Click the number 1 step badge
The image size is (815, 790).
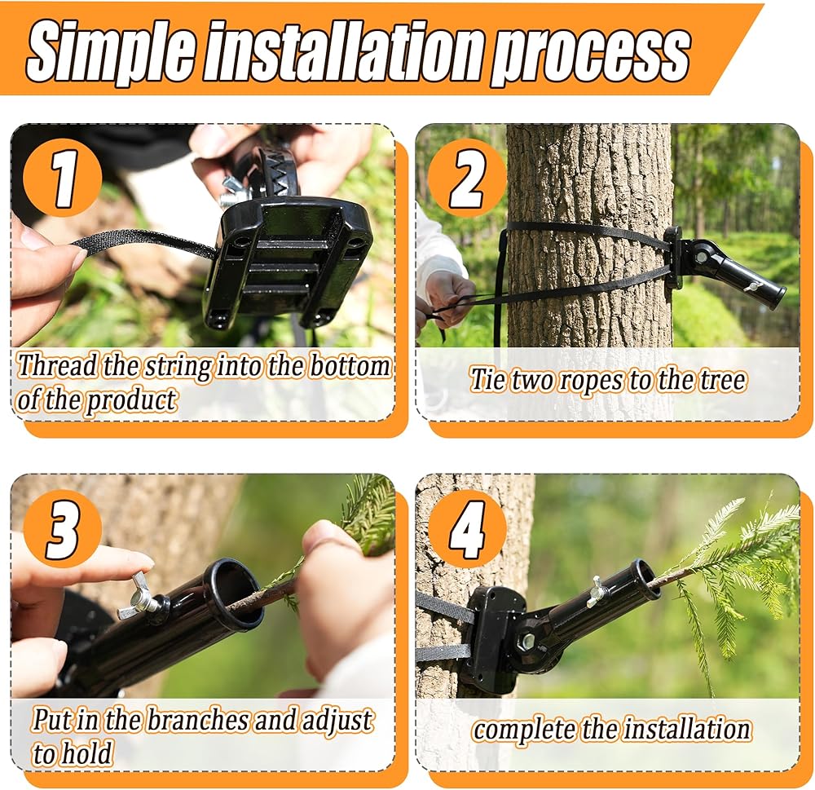pos(63,179)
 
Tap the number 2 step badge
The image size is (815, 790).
pos(467,179)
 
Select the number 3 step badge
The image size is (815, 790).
pos(63,529)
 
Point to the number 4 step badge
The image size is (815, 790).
pos(467,529)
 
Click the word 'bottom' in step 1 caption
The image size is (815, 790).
pos(350,365)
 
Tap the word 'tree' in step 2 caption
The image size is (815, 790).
pos(722,380)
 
